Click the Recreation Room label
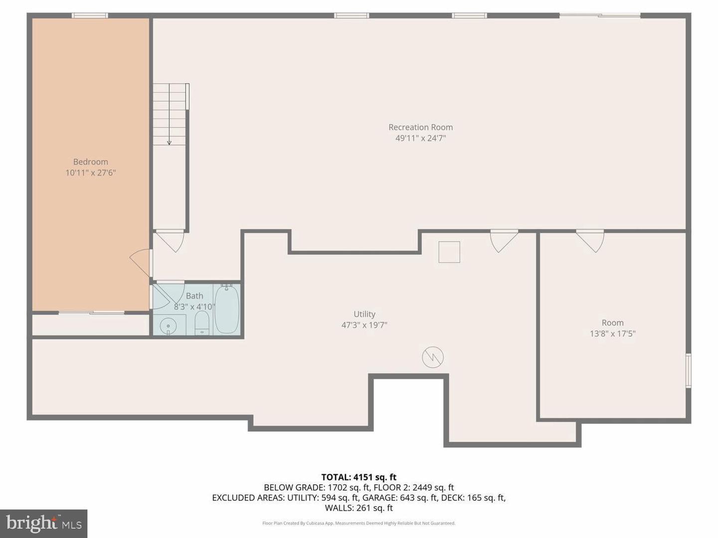coord(421,127)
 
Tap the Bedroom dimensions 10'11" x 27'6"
coord(91,173)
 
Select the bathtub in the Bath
coord(227,309)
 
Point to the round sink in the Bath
coord(168,326)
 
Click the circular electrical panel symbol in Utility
coord(433,357)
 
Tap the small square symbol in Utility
coord(449,252)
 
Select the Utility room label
coord(364,314)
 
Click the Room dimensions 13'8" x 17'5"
coord(613,334)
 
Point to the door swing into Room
coord(590,241)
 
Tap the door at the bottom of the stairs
coord(170,241)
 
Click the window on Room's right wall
coord(689,371)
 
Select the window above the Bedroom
coord(90,15)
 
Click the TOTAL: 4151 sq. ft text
coord(359,477)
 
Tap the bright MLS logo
coord(43,523)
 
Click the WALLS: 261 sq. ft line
coord(359,508)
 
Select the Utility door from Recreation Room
coord(504,241)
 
